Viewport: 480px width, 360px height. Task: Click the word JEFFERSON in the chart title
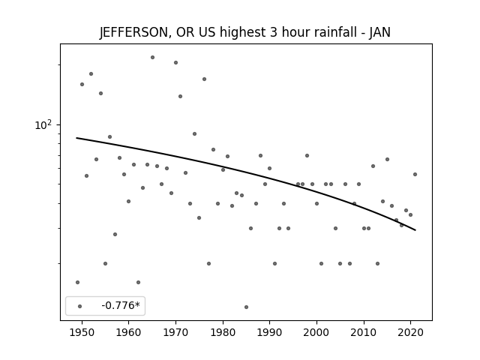pyautogui.click(x=133, y=32)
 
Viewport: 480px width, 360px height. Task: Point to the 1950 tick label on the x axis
pyautogui.click(x=82, y=332)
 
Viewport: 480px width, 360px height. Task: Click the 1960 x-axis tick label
pyautogui.click(x=128, y=332)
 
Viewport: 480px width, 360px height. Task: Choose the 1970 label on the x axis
pyautogui.click(x=175, y=332)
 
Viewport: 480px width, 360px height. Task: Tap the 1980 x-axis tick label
pyautogui.click(x=223, y=332)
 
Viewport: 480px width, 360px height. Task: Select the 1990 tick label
pyautogui.click(x=270, y=332)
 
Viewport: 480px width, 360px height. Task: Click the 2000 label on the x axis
pyautogui.click(x=316, y=332)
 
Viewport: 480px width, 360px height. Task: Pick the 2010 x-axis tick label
pyautogui.click(x=364, y=332)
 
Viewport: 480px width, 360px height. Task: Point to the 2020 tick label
pyautogui.click(x=411, y=332)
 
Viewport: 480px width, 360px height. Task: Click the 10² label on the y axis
pyautogui.click(x=43, y=124)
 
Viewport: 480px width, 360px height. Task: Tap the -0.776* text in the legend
pyautogui.click(x=121, y=305)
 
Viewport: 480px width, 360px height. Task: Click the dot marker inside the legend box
pyautogui.click(x=80, y=306)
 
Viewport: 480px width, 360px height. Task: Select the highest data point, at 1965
pyautogui.click(x=152, y=57)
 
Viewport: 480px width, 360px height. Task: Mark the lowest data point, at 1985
pyautogui.click(x=247, y=307)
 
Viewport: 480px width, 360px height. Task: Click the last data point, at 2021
pyautogui.click(x=415, y=174)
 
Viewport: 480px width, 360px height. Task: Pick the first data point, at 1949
pyautogui.click(x=77, y=282)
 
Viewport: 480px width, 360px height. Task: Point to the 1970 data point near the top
pyautogui.click(x=175, y=62)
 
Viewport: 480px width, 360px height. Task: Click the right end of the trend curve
pyautogui.click(x=415, y=230)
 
